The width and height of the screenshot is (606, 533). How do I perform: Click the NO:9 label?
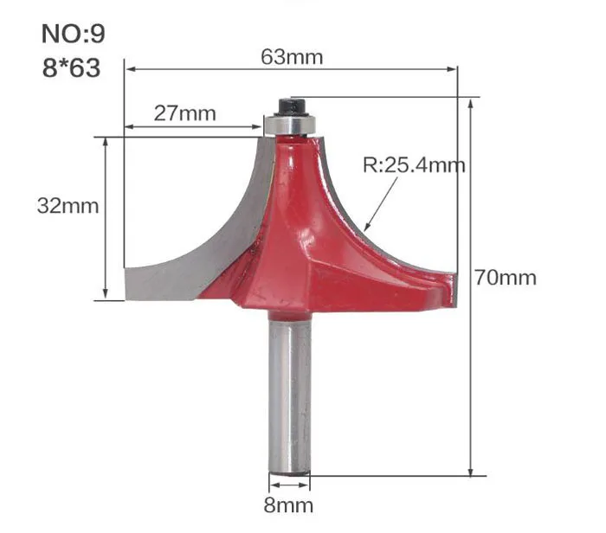click(73, 34)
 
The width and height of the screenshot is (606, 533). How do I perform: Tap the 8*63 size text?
click(72, 68)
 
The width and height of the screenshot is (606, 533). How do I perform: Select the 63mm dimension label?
click(292, 57)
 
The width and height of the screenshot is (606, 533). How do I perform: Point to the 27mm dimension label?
click(184, 113)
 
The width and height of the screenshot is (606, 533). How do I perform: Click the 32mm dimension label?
click(68, 206)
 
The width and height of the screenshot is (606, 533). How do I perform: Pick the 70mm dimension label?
click(506, 278)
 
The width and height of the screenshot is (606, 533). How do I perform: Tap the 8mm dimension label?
click(288, 505)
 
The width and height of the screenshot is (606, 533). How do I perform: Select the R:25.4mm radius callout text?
click(414, 165)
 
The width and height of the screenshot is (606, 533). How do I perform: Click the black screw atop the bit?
click(292, 106)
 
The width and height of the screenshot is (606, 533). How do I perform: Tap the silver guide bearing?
click(290, 125)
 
